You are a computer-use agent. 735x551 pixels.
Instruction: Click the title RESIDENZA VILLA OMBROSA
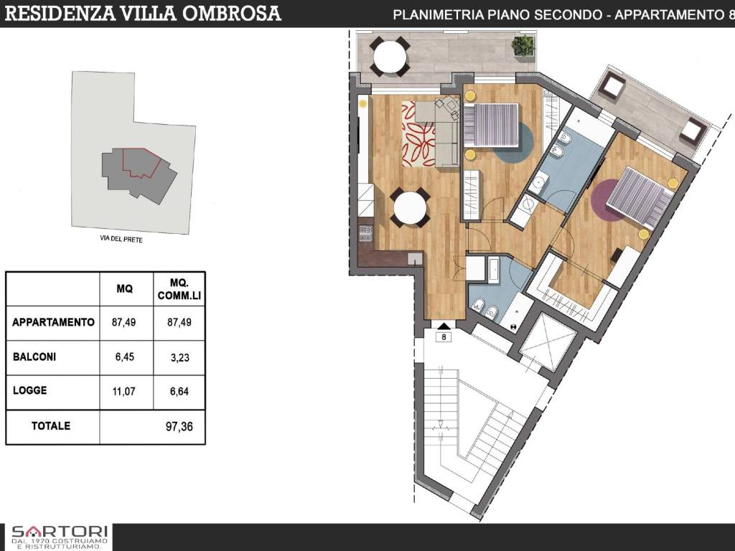[144, 14]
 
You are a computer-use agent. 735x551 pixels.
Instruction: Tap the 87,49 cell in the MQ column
[123, 323]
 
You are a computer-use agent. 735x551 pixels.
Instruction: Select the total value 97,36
[179, 426]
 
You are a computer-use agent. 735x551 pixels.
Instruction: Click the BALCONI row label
[33, 356]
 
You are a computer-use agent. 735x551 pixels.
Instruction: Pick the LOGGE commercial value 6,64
[179, 391]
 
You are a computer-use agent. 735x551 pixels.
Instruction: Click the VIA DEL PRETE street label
[121, 240]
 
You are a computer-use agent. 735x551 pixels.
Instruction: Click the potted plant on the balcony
[523, 47]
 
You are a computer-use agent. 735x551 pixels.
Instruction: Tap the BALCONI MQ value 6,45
[123, 356]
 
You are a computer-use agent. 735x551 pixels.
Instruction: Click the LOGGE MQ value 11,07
[123, 391]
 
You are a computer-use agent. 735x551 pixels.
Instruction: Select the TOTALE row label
[51, 426]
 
